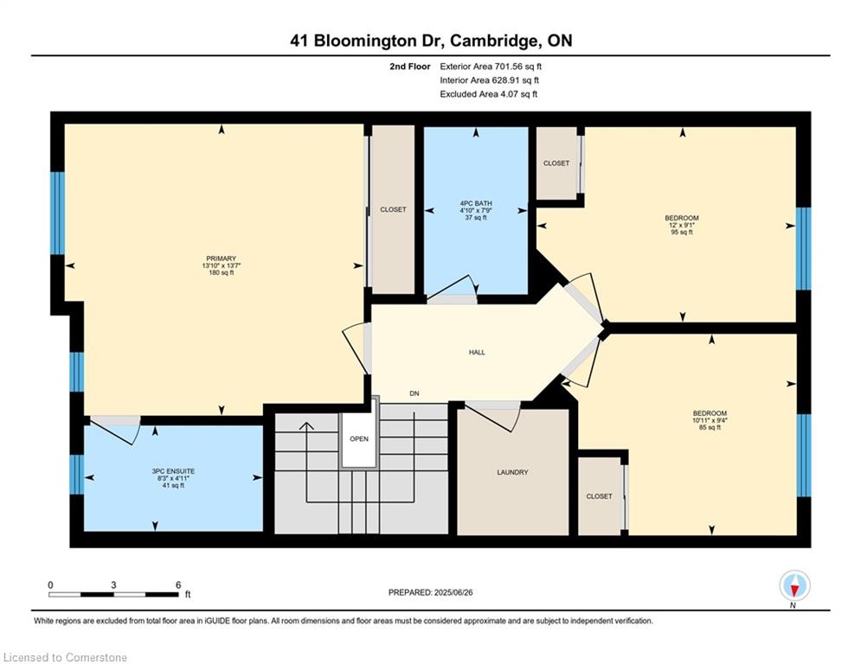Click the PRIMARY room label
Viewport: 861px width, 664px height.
[222, 259]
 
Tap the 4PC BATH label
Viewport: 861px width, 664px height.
[476, 203]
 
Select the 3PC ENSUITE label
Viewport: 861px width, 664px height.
[174, 471]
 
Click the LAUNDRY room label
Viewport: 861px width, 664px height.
[512, 472]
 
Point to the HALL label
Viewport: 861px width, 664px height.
[477, 352]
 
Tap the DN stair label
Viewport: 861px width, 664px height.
[414, 393]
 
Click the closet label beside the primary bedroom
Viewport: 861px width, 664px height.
[393, 209]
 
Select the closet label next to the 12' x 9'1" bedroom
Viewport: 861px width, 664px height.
[556, 163]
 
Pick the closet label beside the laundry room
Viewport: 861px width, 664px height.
[599, 496]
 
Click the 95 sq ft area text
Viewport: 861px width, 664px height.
[682, 232]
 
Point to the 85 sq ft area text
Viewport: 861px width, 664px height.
[710, 427]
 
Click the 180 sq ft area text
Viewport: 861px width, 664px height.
[222, 272]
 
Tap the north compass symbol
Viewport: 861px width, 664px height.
[794, 585]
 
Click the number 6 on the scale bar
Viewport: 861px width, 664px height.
[178, 585]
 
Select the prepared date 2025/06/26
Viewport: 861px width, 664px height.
[453, 592]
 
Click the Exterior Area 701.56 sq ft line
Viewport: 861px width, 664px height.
[491, 67]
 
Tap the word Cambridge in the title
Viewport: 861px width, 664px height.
[494, 41]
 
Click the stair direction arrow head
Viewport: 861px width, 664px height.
[306, 426]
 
